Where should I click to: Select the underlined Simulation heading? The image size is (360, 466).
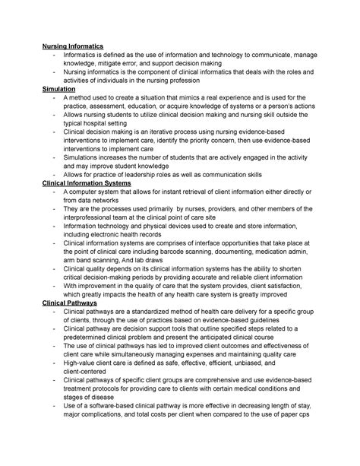tap(63, 89)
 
